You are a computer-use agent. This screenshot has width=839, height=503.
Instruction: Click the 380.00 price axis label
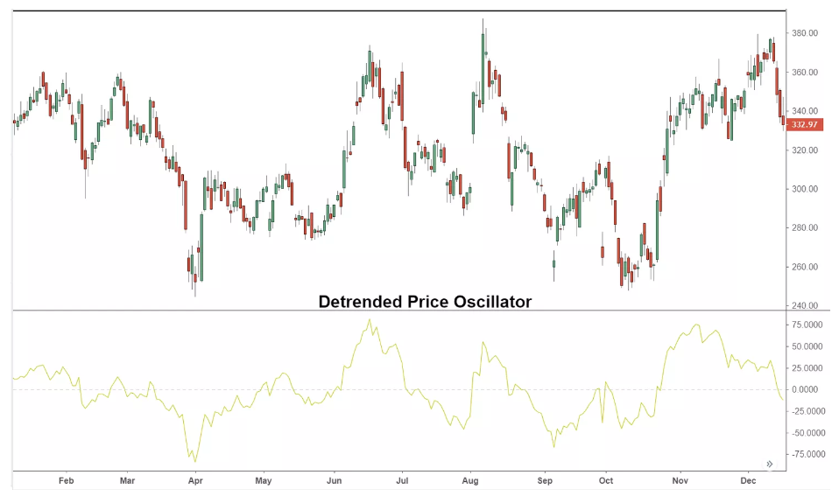tap(805, 33)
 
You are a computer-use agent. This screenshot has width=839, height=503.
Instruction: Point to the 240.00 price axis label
tap(805, 305)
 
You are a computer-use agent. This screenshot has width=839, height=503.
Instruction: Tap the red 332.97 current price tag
tap(805, 125)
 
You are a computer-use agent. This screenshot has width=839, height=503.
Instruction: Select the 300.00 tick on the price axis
tap(805, 189)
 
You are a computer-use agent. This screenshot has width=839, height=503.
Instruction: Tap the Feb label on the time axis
tap(65, 481)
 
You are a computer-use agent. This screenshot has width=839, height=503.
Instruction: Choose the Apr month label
tap(195, 481)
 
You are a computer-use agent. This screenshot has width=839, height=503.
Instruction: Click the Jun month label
tap(334, 481)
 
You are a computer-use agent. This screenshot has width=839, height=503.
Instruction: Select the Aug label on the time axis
tap(469, 481)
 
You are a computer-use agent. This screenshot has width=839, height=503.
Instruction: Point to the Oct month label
tap(605, 481)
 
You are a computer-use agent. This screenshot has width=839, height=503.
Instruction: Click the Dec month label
tap(747, 481)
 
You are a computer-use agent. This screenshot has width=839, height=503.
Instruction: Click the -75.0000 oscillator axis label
tap(807, 454)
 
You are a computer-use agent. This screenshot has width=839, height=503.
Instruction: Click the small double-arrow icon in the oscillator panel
tap(770, 464)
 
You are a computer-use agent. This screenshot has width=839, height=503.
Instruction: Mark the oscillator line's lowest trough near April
tap(195, 461)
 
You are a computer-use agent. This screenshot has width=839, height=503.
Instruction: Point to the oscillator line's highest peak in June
tap(370, 319)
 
